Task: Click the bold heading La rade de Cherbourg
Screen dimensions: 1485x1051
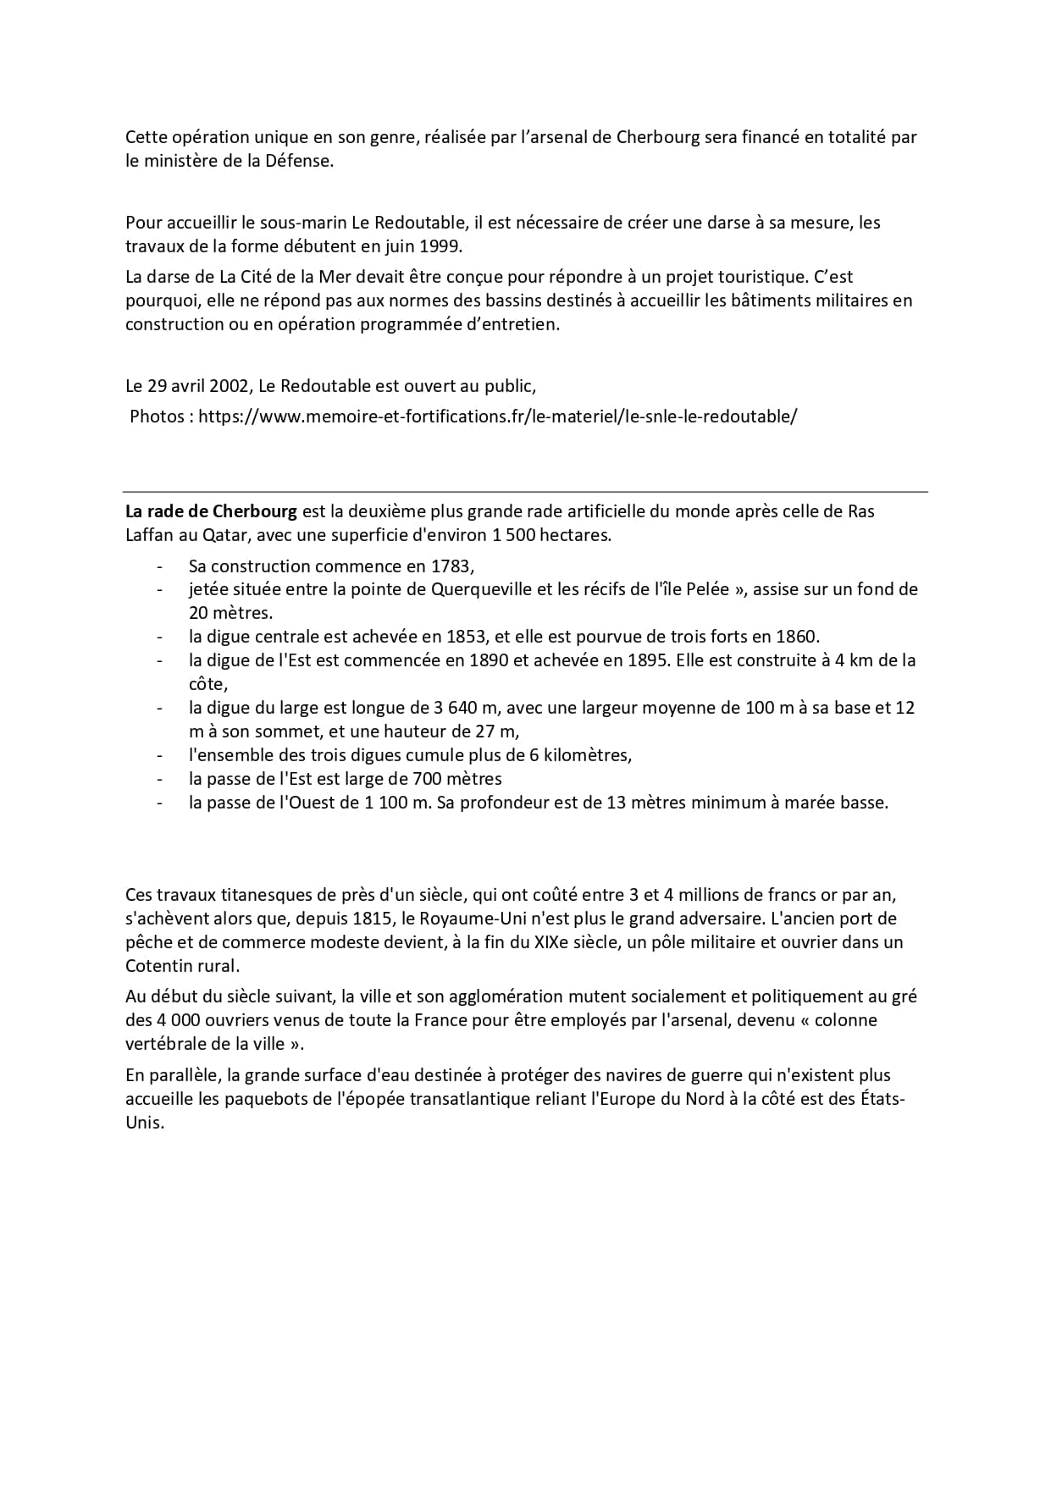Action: click(x=211, y=511)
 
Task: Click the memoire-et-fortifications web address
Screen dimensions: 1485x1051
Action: click(x=497, y=417)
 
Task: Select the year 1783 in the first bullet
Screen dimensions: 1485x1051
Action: click(x=451, y=566)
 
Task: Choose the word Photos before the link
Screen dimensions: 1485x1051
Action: click(x=158, y=417)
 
